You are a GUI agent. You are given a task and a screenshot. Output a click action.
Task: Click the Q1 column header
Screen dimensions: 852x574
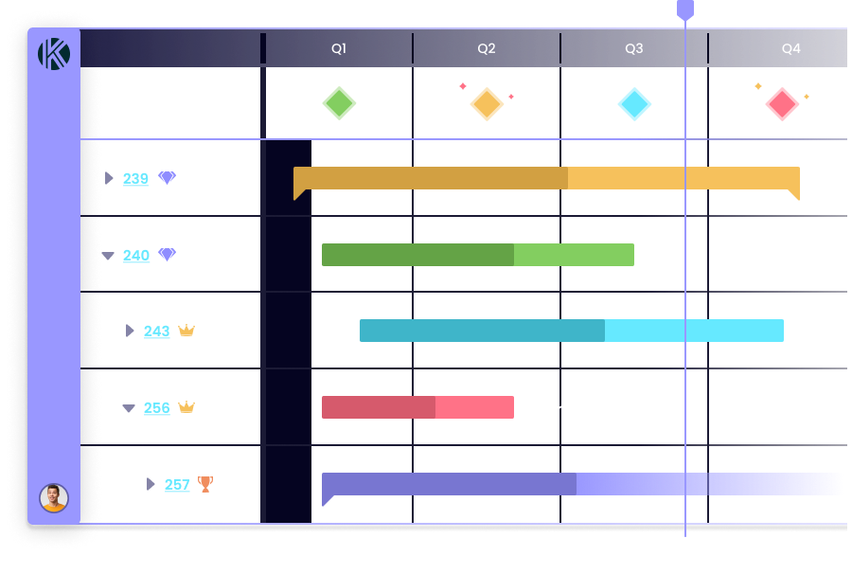339,49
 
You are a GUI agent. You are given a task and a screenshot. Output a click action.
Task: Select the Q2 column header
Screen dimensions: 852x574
487,49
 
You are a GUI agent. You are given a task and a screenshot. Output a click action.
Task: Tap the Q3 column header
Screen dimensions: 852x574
633,49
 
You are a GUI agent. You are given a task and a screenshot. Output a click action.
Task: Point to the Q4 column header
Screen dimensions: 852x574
790,49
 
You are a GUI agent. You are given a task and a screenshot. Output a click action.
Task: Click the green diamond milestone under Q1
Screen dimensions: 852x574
339,103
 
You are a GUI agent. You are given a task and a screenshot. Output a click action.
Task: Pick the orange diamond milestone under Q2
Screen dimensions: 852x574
487,103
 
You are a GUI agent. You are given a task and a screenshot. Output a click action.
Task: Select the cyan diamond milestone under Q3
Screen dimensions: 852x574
634,103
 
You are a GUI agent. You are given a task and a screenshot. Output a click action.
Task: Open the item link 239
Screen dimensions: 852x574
135,178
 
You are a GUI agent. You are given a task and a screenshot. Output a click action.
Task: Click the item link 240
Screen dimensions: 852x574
135,255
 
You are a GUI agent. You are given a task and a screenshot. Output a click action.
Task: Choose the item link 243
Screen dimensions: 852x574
156,331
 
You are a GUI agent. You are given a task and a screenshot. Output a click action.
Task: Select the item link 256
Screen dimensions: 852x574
156,407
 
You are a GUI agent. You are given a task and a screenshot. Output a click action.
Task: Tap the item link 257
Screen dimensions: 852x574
177,484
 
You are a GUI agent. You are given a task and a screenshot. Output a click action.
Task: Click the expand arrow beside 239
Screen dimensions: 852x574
109,178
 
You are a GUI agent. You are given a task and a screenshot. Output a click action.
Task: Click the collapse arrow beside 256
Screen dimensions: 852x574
129,408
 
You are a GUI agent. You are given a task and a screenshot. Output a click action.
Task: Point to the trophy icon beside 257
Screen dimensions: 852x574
205,484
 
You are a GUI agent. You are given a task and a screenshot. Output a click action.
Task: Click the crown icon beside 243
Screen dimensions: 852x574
186,331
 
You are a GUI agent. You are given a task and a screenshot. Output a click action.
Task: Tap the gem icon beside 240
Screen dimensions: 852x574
168,254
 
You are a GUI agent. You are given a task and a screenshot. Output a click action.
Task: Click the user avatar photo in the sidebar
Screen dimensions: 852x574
54,498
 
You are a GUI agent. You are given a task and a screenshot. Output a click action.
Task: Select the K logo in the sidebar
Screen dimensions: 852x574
54,54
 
